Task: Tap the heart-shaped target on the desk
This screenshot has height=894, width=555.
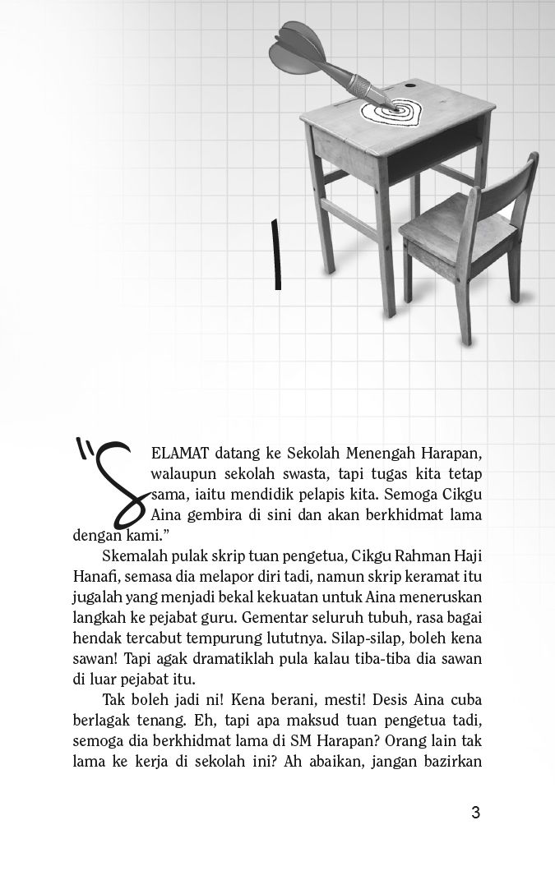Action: pyautogui.click(x=391, y=113)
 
